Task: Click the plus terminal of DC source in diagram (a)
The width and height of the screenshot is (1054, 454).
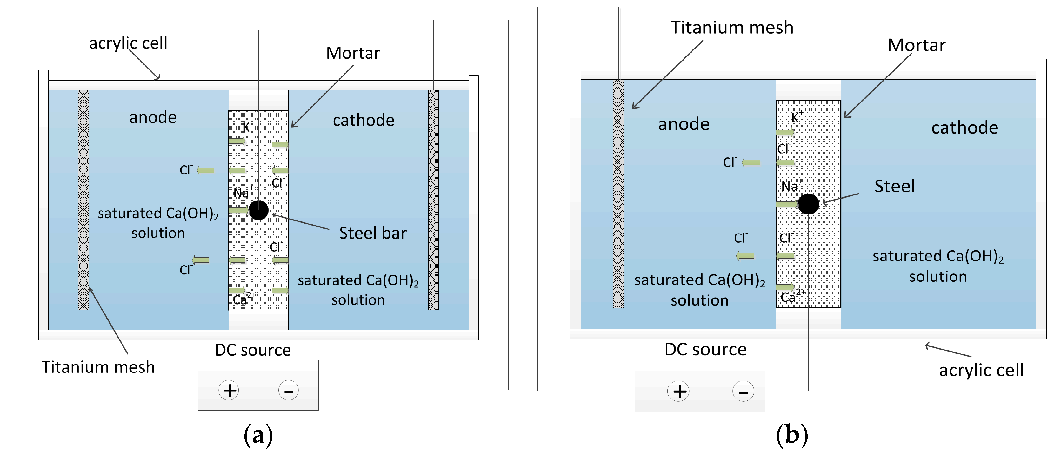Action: pyautogui.click(x=229, y=390)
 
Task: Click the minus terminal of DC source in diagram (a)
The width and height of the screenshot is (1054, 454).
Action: pyautogui.click(x=289, y=390)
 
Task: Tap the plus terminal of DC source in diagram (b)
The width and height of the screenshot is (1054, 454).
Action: pyautogui.click(x=678, y=391)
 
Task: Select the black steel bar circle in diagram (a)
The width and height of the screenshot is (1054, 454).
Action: pyautogui.click(x=259, y=210)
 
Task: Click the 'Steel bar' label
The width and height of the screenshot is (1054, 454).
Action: pyautogui.click(x=373, y=233)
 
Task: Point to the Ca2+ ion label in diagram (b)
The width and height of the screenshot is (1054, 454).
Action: pyautogui.click(x=792, y=296)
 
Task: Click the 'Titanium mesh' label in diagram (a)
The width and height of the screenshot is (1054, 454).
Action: pyautogui.click(x=98, y=367)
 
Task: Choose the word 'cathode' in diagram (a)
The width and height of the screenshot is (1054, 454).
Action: pyautogui.click(x=363, y=120)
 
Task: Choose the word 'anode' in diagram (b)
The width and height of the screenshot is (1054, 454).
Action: pyautogui.click(x=684, y=124)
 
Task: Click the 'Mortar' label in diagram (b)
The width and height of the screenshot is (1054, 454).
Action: pyautogui.click(x=916, y=45)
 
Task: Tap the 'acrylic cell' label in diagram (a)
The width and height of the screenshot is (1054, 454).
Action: pyautogui.click(x=128, y=43)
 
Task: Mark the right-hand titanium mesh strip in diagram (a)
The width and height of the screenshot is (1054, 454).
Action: pyautogui.click(x=433, y=201)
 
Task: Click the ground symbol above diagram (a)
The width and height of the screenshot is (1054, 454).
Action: pyautogui.click(x=259, y=20)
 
